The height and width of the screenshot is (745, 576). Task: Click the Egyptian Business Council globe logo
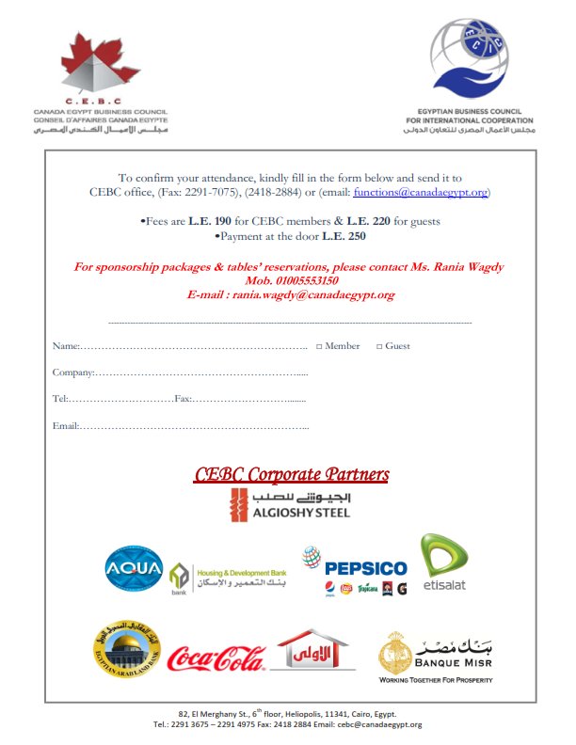[467, 58]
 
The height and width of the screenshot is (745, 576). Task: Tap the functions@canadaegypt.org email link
[420, 192]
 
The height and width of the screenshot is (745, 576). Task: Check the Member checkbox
[319, 346]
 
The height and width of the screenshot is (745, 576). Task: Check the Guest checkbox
[379, 346]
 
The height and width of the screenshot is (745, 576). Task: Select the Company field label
[72, 373]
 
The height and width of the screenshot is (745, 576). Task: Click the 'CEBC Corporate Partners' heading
[291, 474]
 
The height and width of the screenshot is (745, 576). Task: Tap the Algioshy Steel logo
[290, 505]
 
